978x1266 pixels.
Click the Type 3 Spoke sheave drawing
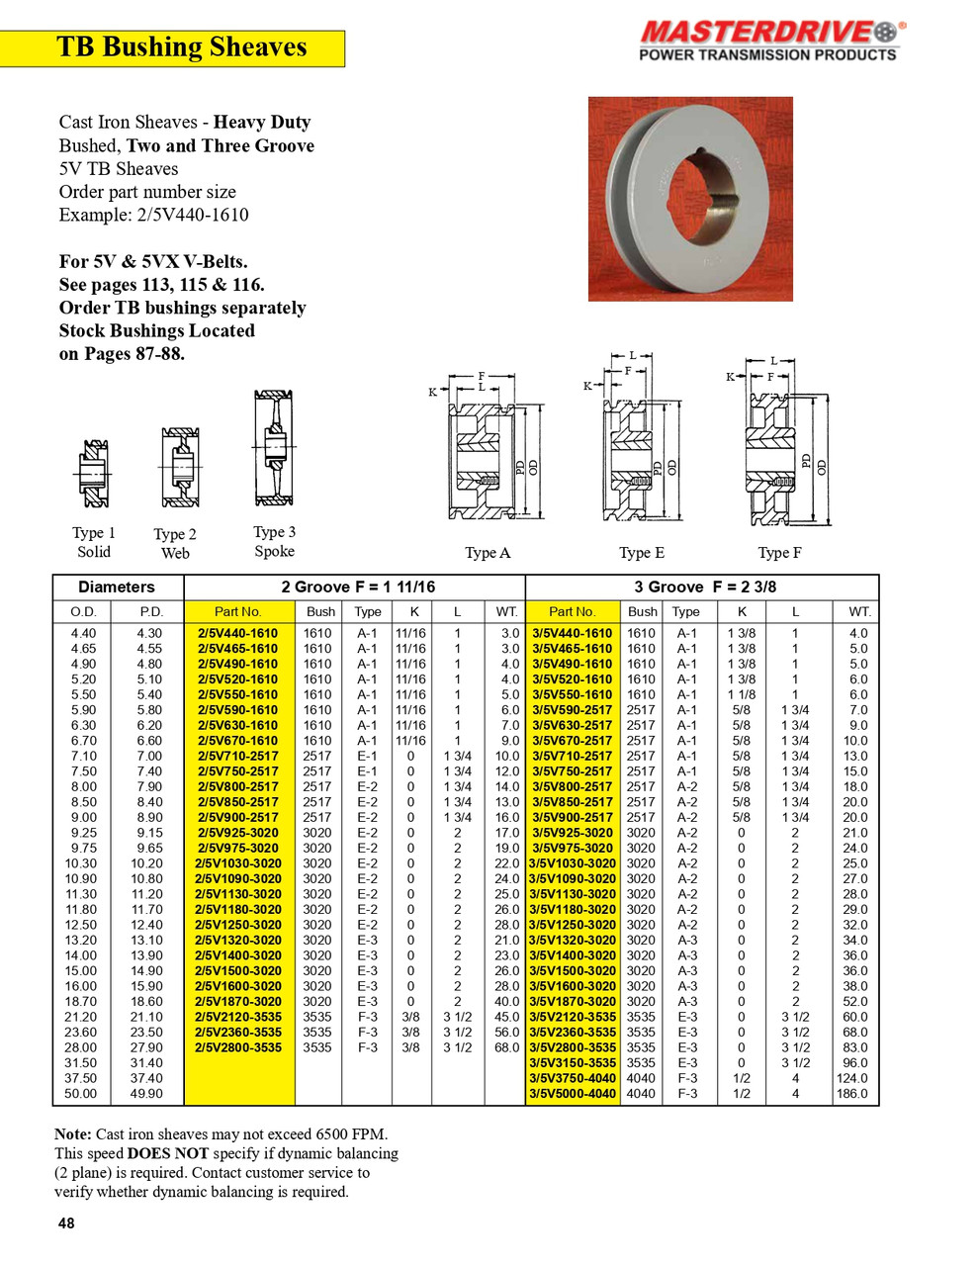pyautogui.click(x=273, y=448)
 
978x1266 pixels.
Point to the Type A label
pyautogui.click(x=488, y=553)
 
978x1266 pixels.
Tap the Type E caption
pyautogui.click(x=641, y=553)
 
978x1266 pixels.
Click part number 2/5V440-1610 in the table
pyautogui.click(x=238, y=633)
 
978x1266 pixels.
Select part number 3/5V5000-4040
pyautogui.click(x=573, y=1094)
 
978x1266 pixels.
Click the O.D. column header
pyautogui.click(x=84, y=611)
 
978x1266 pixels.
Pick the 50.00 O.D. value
pyautogui.click(x=81, y=1094)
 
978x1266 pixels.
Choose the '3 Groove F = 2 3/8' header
pyautogui.click(x=704, y=587)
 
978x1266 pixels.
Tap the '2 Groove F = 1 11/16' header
pyautogui.click(x=357, y=587)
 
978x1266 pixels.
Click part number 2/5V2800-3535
pyautogui.click(x=238, y=1047)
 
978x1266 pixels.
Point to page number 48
pyautogui.click(x=66, y=1223)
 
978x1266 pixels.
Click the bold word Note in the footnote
pyautogui.click(x=73, y=1134)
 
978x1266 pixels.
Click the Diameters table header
pyautogui.click(x=117, y=587)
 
